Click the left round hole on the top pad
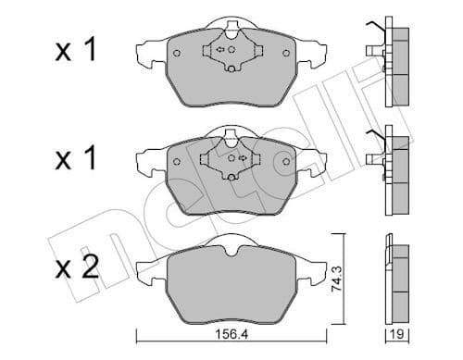[x=177, y=54]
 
